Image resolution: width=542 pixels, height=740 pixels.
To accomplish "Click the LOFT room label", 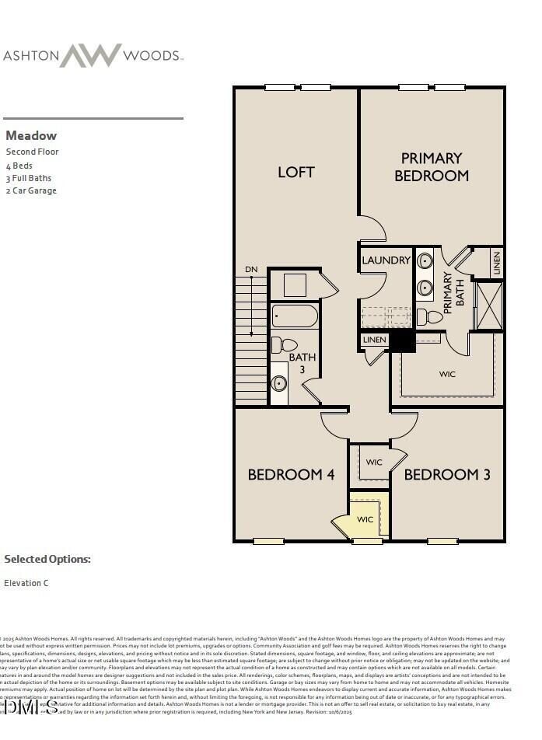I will tap(296, 172).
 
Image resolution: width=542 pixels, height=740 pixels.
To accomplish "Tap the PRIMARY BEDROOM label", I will tap(432, 167).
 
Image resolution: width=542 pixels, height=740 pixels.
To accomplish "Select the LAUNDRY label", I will tap(386, 260).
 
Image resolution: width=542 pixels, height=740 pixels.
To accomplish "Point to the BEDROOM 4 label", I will tap(291, 474).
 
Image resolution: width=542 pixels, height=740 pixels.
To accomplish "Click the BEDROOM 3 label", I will tap(447, 474).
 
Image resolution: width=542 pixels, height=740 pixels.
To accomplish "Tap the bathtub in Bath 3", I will tap(295, 316).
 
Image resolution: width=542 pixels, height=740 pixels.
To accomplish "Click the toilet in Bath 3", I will tap(285, 344).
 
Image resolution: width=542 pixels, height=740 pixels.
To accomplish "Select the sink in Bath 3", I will tap(278, 383).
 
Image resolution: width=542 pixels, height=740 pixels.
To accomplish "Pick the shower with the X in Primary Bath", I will tap(488, 305).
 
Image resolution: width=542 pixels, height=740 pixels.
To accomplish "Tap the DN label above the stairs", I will tap(251, 270).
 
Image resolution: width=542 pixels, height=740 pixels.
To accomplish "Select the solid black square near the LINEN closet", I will tap(401, 340).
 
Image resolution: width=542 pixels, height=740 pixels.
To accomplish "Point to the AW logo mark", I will tap(91, 55).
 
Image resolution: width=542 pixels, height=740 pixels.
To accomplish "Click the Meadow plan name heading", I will tap(31, 135).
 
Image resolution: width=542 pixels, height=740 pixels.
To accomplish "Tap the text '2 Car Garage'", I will tap(31, 190).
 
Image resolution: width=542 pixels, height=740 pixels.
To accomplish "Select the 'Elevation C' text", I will tap(26, 583).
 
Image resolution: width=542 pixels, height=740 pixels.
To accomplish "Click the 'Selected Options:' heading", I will tap(47, 559).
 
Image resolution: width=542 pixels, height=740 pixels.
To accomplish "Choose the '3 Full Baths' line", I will tap(29, 178).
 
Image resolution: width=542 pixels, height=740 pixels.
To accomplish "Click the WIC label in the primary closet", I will tap(447, 374).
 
